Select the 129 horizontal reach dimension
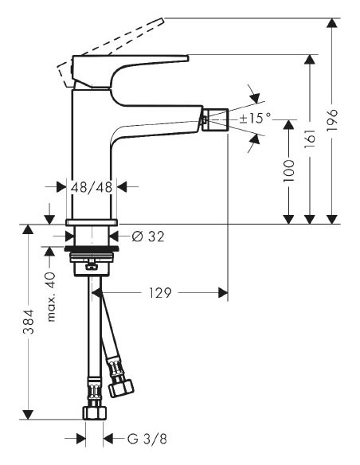click(x=161, y=294)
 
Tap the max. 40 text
click(x=52, y=297)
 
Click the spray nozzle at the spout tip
click(x=213, y=120)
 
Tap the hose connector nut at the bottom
click(x=94, y=411)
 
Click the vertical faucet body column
click(x=94, y=151)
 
